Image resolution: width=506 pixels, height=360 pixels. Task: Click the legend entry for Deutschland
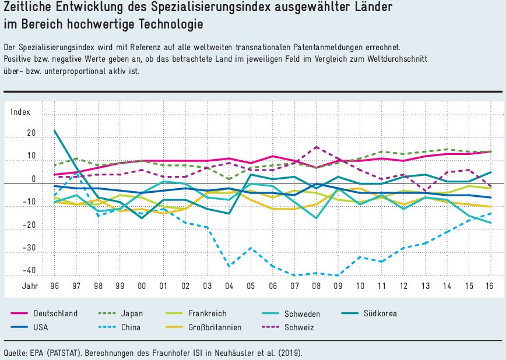(55, 313)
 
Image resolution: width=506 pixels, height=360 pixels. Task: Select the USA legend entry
(40, 327)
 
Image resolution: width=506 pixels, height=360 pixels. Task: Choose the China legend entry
(131, 327)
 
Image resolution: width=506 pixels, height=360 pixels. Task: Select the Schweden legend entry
(302, 313)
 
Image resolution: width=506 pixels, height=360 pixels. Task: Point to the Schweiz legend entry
(299, 327)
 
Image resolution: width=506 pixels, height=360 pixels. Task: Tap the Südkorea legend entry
(381, 313)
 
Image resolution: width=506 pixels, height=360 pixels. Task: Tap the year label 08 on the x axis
(315, 287)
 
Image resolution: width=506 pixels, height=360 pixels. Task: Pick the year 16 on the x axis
(490, 287)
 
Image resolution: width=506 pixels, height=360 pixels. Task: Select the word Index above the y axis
(20, 112)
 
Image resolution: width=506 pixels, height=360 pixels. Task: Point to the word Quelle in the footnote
(16, 352)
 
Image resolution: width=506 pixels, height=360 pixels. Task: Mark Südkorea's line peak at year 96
(54, 130)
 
